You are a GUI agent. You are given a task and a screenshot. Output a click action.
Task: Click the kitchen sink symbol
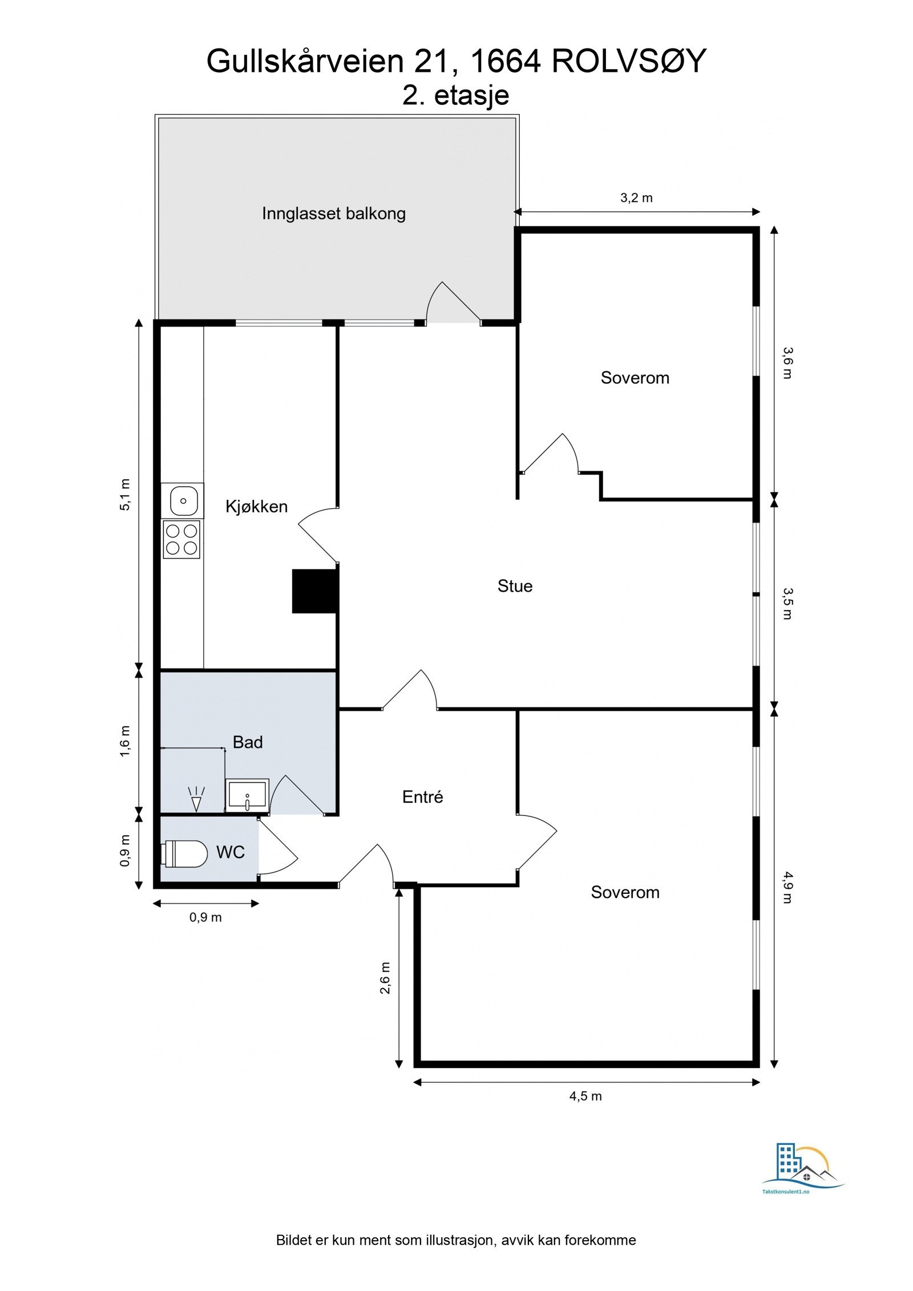183,500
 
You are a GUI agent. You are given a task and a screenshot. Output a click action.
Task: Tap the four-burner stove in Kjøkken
181,539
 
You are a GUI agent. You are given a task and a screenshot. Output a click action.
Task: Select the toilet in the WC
184,854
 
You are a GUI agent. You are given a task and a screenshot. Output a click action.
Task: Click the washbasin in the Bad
247,795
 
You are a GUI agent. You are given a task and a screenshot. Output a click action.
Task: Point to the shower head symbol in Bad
196,798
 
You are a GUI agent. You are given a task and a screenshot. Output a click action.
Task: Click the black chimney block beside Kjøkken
314,591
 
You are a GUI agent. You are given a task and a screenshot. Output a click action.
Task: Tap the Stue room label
515,586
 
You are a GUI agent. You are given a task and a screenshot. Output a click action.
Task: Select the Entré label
422,797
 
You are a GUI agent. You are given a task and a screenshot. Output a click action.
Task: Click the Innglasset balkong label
334,213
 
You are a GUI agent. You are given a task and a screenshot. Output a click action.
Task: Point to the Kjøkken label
256,507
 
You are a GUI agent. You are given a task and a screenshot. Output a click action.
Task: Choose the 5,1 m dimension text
125,495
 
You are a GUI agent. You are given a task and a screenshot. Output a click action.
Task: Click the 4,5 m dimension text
585,1096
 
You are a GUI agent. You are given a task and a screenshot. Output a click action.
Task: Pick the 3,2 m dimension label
636,198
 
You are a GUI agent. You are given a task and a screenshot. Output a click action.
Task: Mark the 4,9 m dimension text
787,887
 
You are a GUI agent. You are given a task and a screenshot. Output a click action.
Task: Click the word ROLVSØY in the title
629,60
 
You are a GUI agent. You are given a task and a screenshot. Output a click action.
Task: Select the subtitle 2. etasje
455,95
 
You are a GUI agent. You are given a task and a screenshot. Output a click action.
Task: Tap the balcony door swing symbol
454,302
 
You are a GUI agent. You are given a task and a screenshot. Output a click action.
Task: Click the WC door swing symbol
278,847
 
